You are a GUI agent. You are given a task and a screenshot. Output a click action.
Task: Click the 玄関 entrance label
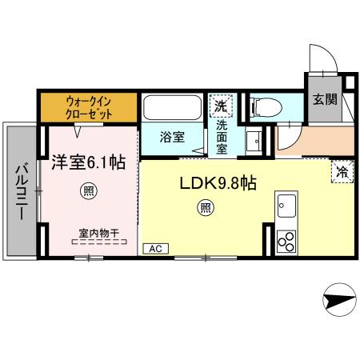coord(324,100)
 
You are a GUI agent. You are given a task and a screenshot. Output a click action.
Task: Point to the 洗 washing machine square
coord(220,105)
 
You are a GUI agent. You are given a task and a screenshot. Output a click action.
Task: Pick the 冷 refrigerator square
coord(342,170)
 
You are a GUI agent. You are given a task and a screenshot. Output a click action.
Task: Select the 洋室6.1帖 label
coord(88,162)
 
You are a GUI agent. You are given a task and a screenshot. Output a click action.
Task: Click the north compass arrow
coord(337,302)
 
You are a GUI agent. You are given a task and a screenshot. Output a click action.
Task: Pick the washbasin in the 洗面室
coord(254,139)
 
